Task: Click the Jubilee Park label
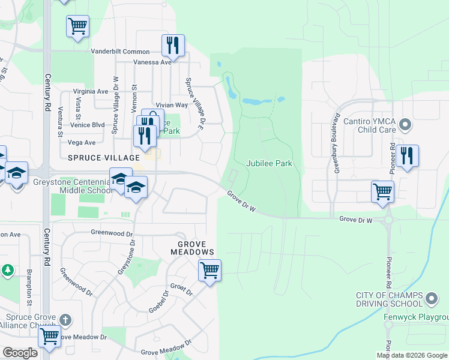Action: coord(269,163)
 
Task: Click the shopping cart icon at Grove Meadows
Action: coord(209,271)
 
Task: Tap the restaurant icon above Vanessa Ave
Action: coord(173,45)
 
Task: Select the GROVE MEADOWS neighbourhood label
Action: coord(192,248)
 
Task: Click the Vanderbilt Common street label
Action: coord(120,52)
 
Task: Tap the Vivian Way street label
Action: coord(172,105)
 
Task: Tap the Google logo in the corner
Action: coord(20,353)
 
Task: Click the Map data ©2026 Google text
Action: coord(412,355)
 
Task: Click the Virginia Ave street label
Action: coord(90,91)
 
